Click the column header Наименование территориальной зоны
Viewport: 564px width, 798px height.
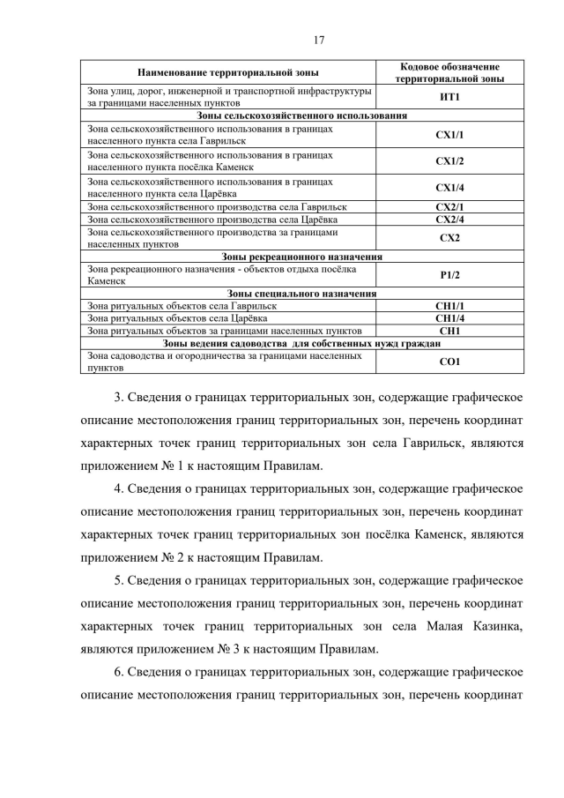tap(228, 72)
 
